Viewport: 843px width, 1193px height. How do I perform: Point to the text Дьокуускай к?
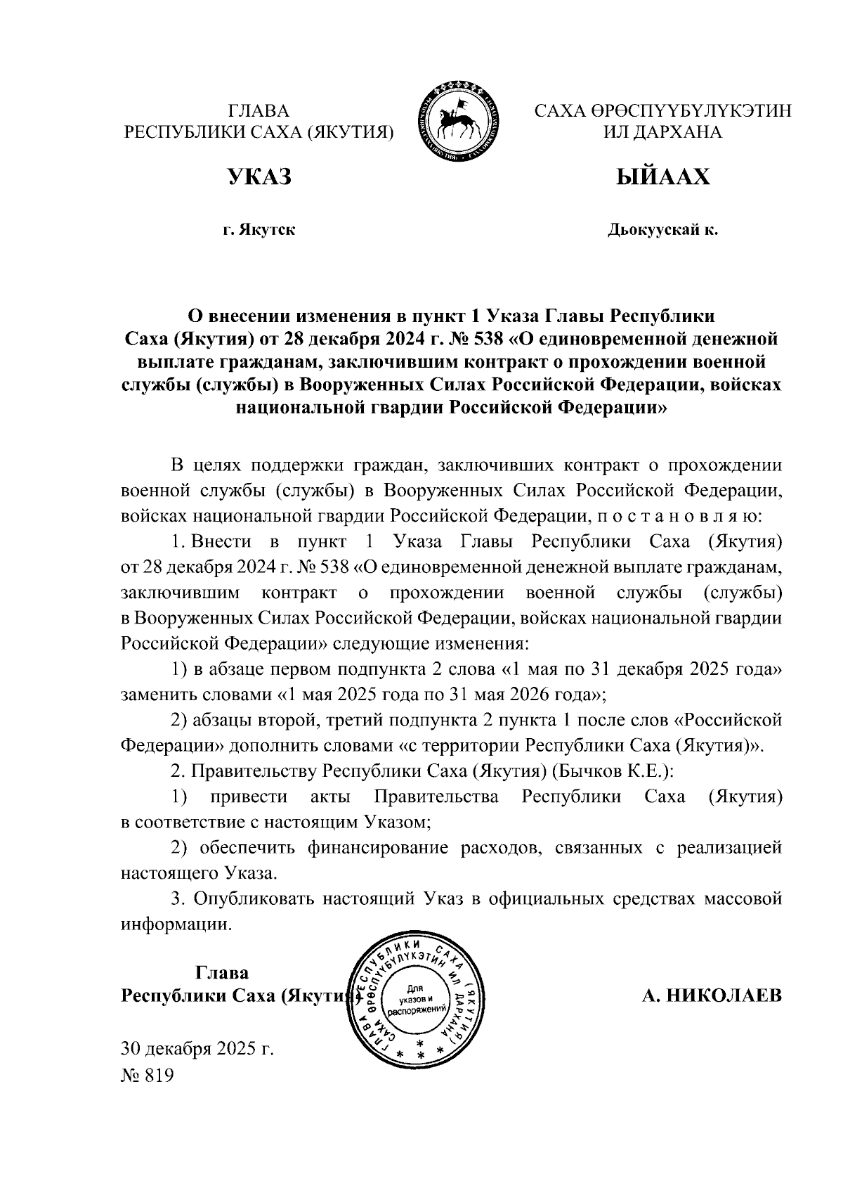coord(662,230)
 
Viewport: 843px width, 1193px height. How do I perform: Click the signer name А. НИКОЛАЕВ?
coord(711,995)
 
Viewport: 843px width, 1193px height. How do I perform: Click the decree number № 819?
coord(147,1076)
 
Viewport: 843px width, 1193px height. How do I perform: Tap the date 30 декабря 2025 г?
coord(197,1050)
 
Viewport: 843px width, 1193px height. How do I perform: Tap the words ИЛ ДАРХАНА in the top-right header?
coord(662,132)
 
